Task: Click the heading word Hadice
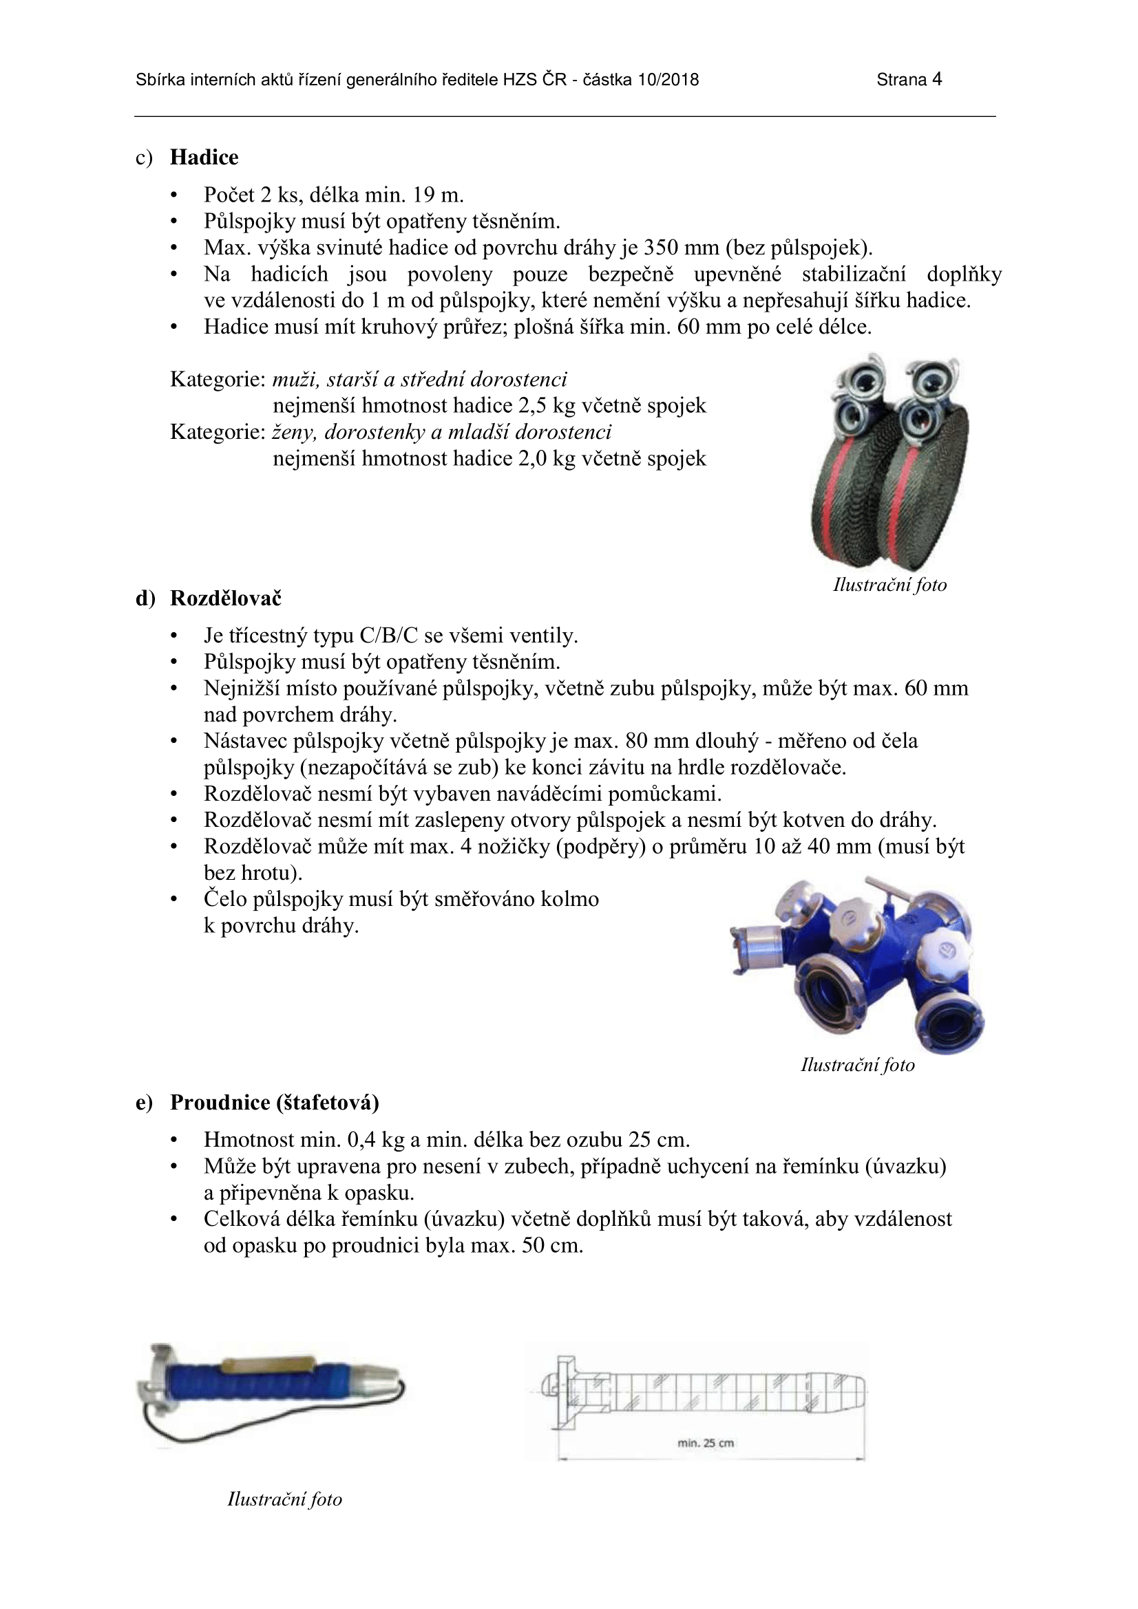click(203, 157)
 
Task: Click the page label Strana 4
click(909, 79)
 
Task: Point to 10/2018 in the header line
click(668, 79)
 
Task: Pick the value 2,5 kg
click(547, 406)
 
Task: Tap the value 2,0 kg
click(547, 458)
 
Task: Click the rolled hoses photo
click(889, 462)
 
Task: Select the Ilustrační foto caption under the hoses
click(889, 585)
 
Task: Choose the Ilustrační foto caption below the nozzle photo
click(285, 1499)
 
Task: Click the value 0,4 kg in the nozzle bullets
click(372, 1139)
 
